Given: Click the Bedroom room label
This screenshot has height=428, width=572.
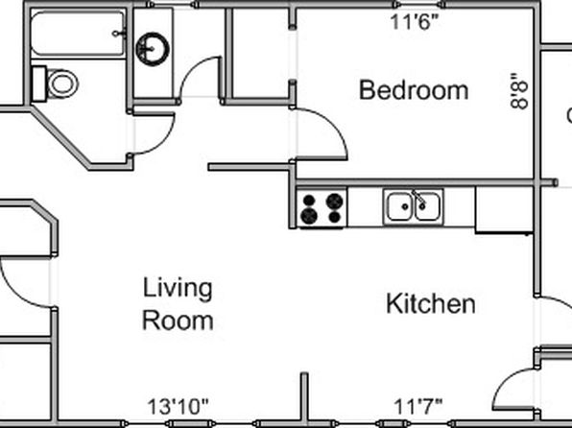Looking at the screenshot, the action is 414,90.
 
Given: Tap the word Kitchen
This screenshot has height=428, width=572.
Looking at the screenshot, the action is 431,303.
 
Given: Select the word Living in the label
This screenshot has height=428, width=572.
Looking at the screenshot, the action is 178,289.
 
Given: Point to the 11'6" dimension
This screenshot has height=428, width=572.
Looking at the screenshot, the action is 414,22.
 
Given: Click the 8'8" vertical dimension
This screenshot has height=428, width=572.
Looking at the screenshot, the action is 519,91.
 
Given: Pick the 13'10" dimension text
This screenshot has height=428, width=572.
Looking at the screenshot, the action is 178,407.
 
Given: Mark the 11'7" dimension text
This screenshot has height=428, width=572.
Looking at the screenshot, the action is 418,407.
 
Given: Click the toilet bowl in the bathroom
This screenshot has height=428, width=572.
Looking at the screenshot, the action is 62,83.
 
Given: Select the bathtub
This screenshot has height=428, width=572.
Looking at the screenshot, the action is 78,34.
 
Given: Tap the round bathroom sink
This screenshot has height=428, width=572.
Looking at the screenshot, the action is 153,49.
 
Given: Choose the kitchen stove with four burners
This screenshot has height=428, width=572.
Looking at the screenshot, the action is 322,207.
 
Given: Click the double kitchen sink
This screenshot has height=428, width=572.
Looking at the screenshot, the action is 414,207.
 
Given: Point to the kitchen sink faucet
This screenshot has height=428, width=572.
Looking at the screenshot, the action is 418,198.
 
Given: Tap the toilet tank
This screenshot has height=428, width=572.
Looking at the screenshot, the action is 38,83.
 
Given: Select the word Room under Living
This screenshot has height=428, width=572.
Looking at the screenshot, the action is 178,321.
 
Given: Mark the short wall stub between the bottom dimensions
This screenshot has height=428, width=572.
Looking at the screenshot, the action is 304,397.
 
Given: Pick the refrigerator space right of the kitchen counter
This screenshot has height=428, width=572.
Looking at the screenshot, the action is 504,210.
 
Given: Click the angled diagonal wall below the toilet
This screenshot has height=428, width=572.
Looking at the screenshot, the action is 60,137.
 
